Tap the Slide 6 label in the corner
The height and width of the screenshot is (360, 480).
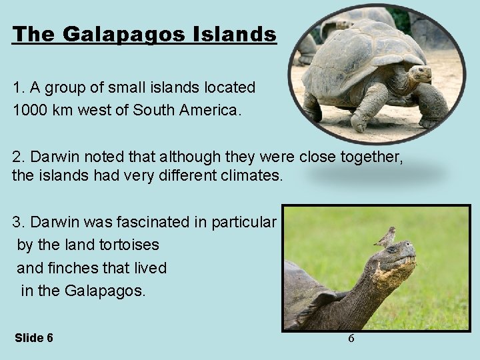click(x=33, y=338)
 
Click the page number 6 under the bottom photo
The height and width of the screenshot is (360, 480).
click(x=351, y=338)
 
